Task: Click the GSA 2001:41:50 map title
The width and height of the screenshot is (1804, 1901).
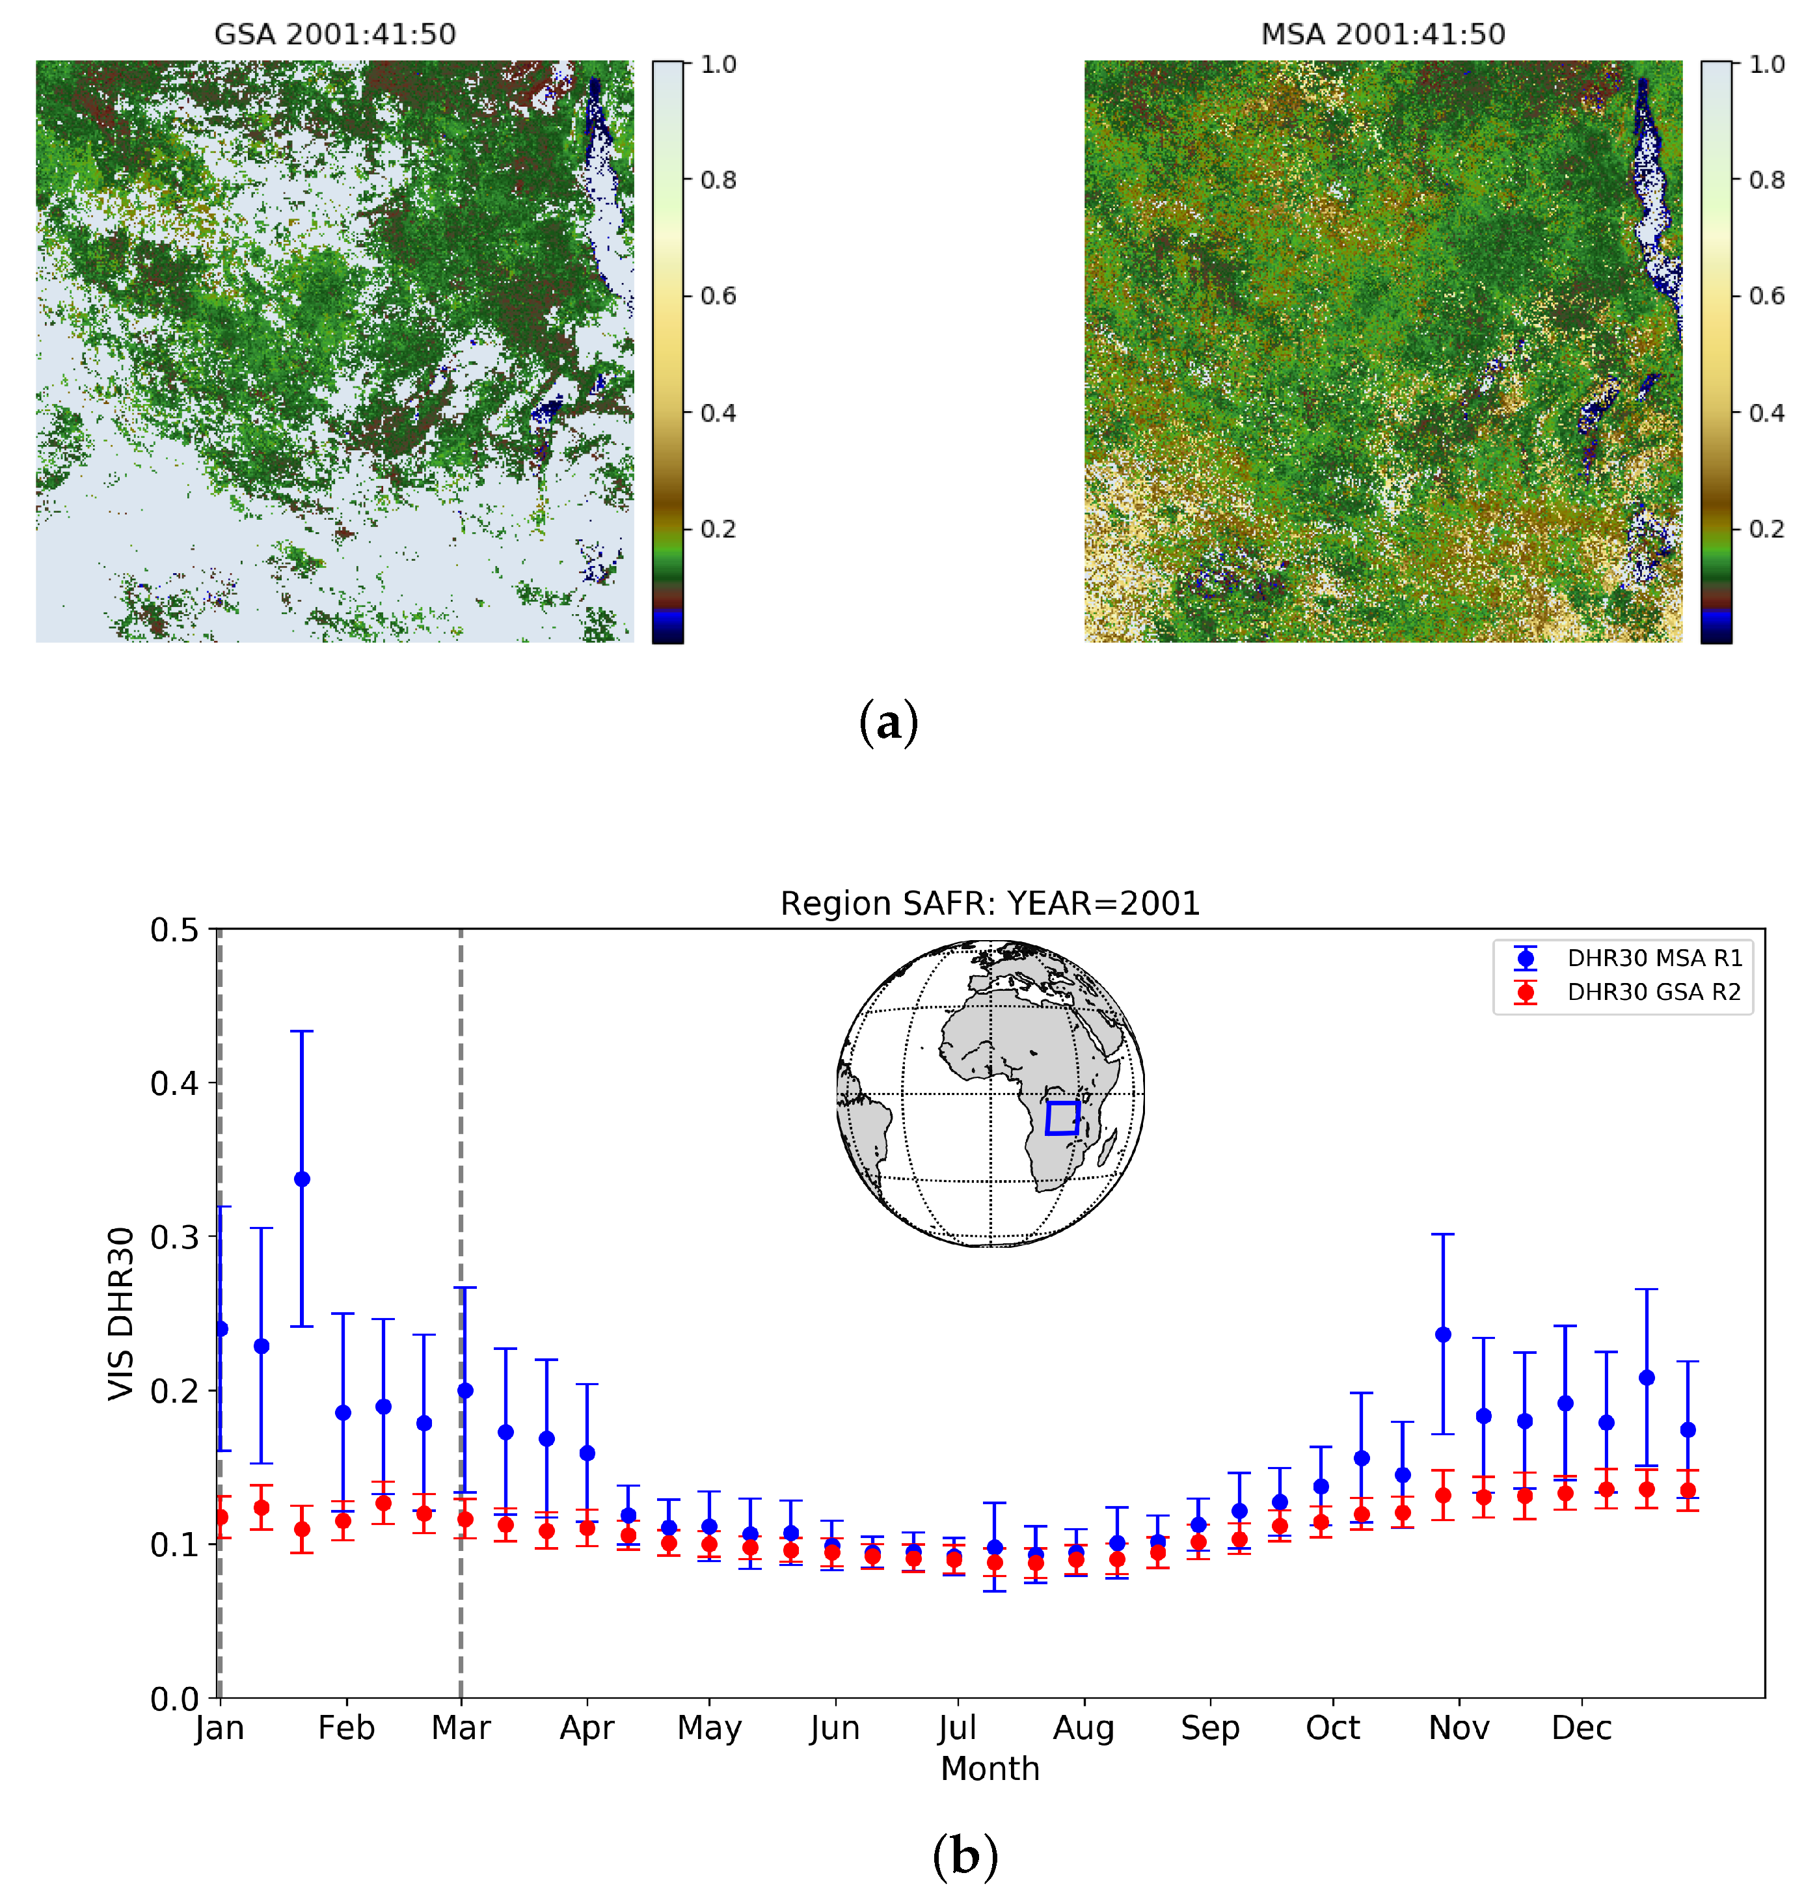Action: [x=334, y=34]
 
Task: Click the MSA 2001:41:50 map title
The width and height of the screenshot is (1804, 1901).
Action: [x=1383, y=34]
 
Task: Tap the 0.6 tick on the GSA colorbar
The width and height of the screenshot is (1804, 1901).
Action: [x=718, y=296]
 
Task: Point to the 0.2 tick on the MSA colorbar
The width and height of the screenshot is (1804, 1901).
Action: [x=1766, y=529]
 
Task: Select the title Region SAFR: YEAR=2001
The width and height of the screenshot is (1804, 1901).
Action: [x=990, y=904]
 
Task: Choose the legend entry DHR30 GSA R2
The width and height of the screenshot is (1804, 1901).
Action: [x=1654, y=992]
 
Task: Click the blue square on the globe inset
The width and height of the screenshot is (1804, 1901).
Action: [x=1062, y=1118]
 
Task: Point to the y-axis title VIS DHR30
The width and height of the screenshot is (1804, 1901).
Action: [x=121, y=1314]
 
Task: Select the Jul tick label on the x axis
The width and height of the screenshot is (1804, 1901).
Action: [x=958, y=1728]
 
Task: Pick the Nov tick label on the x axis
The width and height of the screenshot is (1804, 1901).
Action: [x=1459, y=1728]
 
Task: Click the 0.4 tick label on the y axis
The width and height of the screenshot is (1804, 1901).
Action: [x=174, y=1084]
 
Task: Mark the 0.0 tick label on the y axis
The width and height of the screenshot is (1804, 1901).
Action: [x=174, y=1699]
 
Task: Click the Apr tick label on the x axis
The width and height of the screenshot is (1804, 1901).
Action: [x=587, y=1728]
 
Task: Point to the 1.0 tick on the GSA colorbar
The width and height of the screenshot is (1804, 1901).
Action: [x=718, y=64]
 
